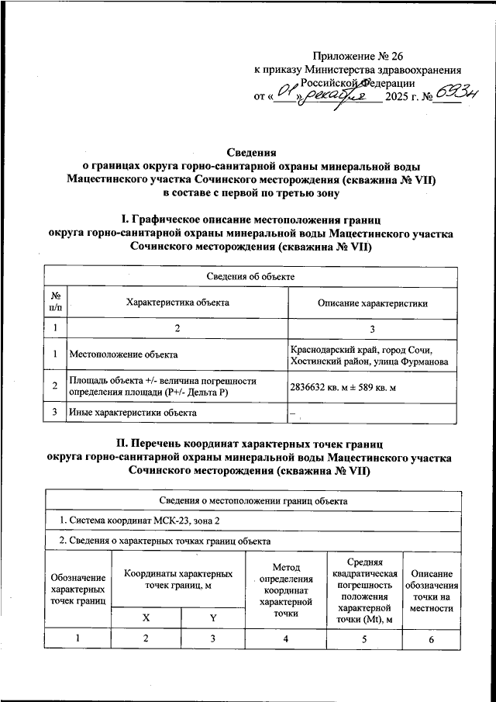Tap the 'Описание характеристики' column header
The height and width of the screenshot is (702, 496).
pos(373,303)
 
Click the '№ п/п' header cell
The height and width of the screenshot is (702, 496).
pos(56,303)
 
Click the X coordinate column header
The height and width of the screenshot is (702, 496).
pos(146,617)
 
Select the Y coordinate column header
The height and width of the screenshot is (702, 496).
pos(212,617)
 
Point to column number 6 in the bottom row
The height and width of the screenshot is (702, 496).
pos(432,638)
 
